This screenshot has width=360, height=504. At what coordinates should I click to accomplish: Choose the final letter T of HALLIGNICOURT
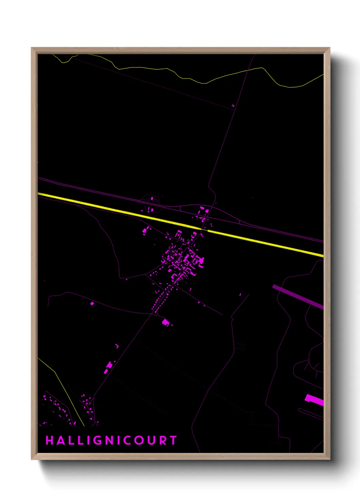(174, 440)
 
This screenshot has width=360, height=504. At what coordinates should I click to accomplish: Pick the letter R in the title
(162, 440)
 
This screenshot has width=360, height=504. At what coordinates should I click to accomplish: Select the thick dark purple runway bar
(298, 296)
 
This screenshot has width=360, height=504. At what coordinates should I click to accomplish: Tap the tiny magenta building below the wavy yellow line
(233, 106)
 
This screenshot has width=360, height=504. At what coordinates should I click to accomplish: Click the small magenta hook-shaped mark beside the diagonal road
(117, 346)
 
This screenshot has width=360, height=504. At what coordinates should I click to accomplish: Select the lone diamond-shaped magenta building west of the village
(92, 303)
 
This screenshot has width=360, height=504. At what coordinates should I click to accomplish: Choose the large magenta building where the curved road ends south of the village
(166, 322)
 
